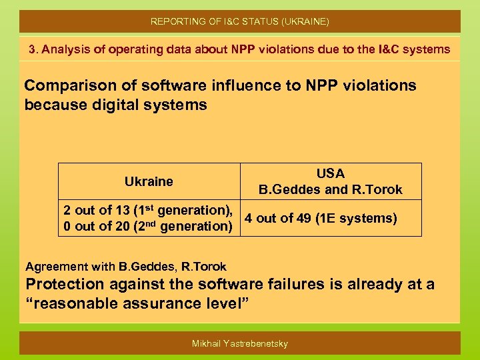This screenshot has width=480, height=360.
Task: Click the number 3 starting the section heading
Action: (x=32, y=49)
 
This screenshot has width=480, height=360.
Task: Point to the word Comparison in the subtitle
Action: (x=61, y=85)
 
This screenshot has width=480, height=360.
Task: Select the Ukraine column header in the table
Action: (x=149, y=181)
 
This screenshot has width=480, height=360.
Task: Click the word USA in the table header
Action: (x=331, y=173)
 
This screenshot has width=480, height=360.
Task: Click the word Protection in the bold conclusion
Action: (x=65, y=284)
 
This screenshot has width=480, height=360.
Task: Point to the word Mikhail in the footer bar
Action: (x=207, y=343)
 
